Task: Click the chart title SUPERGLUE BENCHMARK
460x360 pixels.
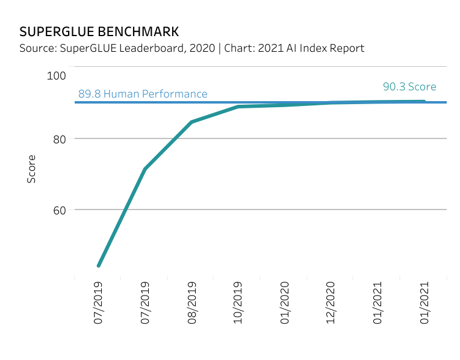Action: [x=99, y=31]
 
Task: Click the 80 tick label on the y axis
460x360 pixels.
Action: [x=59, y=139]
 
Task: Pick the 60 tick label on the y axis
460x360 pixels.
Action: [x=59, y=210]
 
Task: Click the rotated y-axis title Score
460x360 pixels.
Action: [x=31, y=169]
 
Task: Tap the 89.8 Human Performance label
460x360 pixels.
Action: [x=143, y=94]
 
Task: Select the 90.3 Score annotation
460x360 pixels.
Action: [x=409, y=87]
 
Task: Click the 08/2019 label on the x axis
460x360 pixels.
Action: [x=192, y=303]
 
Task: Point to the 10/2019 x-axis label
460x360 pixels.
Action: [x=238, y=303]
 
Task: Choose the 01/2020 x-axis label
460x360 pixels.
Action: [x=285, y=303]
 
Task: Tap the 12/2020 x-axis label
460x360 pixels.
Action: [x=331, y=303]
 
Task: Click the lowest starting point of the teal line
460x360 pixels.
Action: [x=98, y=265]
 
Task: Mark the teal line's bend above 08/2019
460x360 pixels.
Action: [x=191, y=122]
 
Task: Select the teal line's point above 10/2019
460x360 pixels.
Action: [x=238, y=107]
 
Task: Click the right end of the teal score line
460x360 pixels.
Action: [x=424, y=101]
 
